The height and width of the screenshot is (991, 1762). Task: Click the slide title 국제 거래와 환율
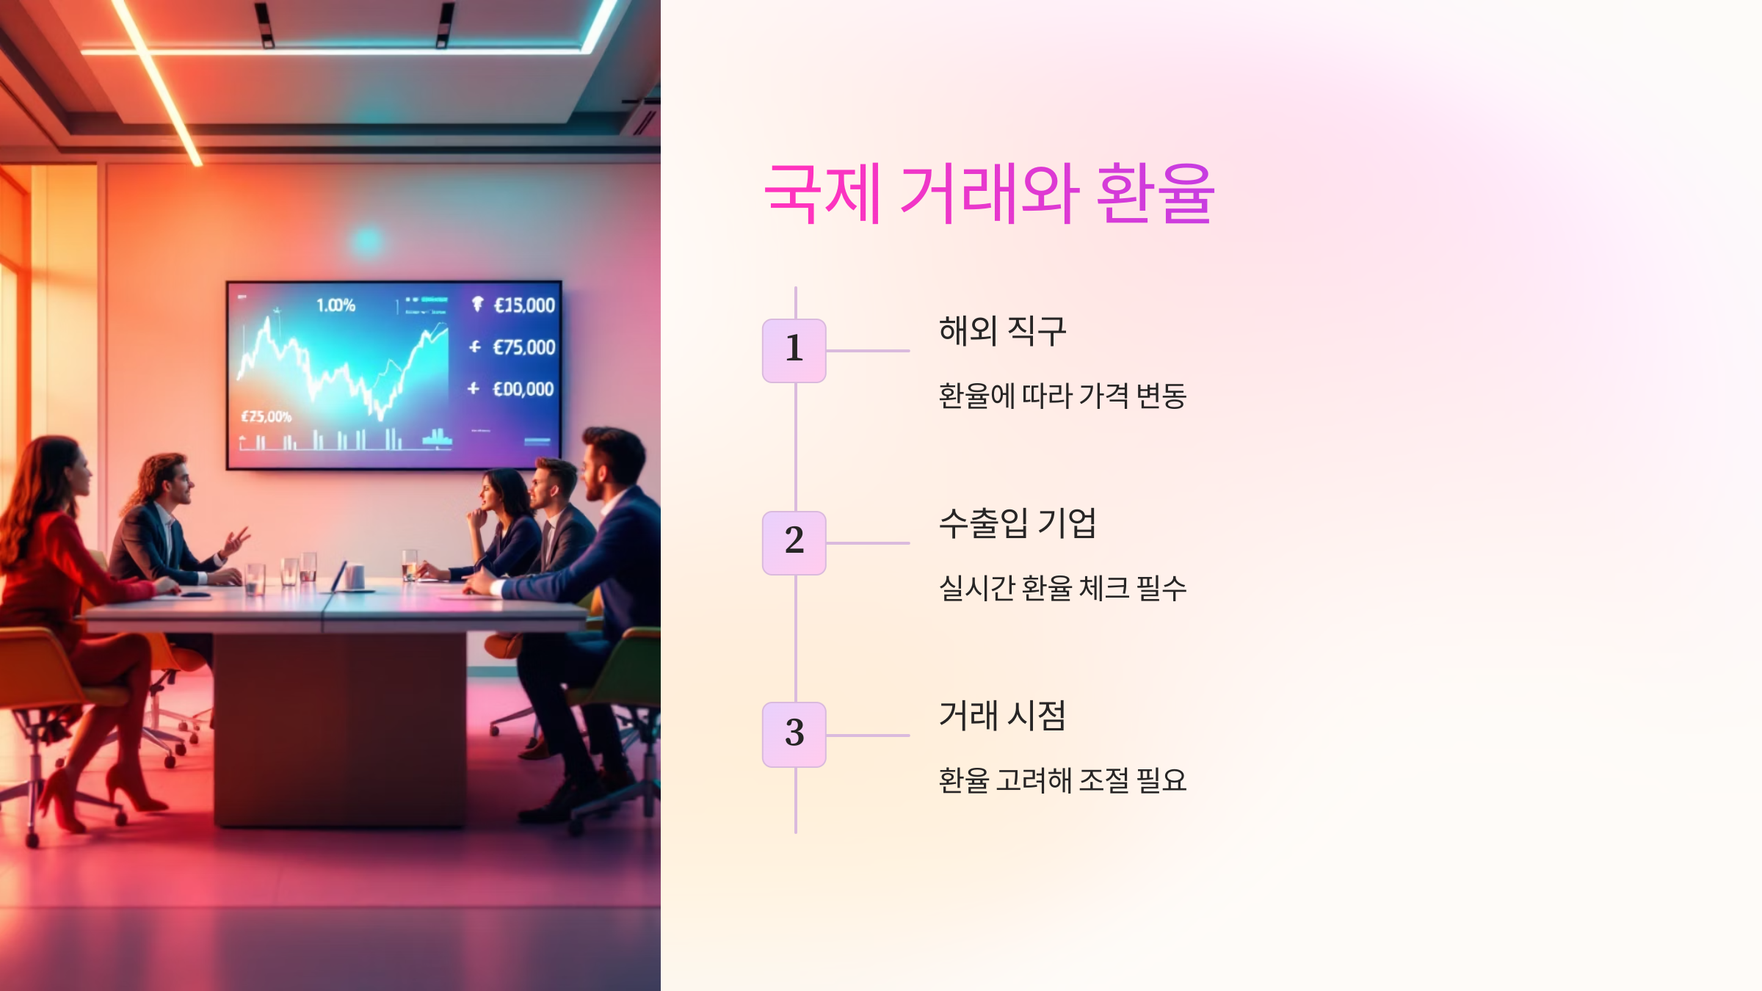point(989,194)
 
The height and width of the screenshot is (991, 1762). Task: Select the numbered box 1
point(794,350)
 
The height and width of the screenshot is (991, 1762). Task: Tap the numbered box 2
point(794,542)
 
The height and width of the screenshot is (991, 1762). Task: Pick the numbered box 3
point(794,734)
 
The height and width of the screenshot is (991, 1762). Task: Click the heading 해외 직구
point(1002,330)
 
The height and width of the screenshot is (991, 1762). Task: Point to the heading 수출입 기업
point(1017,523)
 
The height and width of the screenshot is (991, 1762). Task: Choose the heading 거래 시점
point(1002,715)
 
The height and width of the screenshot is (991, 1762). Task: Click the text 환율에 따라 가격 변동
point(1062,396)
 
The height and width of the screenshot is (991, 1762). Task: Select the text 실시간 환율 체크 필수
point(1062,588)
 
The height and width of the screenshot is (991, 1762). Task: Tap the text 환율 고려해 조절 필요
point(1062,780)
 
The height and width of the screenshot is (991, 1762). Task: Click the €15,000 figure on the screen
point(524,305)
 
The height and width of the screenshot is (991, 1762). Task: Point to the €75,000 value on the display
point(523,347)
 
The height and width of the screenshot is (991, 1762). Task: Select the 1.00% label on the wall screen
point(336,305)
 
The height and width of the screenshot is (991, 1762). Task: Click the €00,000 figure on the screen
point(523,389)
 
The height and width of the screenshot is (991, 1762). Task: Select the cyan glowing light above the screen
point(367,241)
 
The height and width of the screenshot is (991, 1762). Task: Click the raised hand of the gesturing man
point(236,540)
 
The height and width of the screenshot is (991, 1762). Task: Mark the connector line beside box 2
point(868,543)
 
